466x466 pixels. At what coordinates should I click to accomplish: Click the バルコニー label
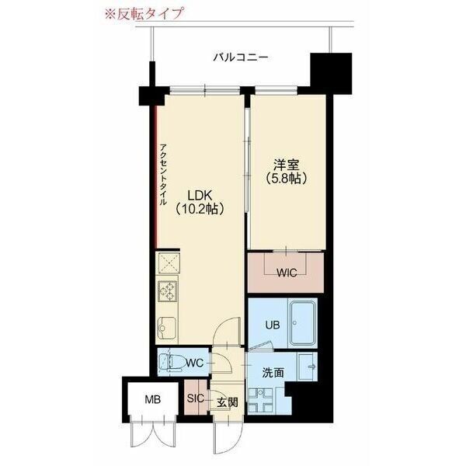(241, 57)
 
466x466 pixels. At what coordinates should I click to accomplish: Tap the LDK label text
(200, 193)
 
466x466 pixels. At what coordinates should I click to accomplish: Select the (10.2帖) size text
(200, 208)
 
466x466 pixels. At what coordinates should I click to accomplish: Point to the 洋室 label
(285, 164)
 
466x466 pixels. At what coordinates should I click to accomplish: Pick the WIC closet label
(287, 273)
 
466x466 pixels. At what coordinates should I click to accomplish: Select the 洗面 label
(272, 372)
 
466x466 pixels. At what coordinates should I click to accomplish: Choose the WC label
(194, 363)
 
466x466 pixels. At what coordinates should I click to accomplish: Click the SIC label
(195, 398)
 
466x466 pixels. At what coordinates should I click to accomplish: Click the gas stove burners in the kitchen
(167, 291)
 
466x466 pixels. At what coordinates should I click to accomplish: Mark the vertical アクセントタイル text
(163, 174)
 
